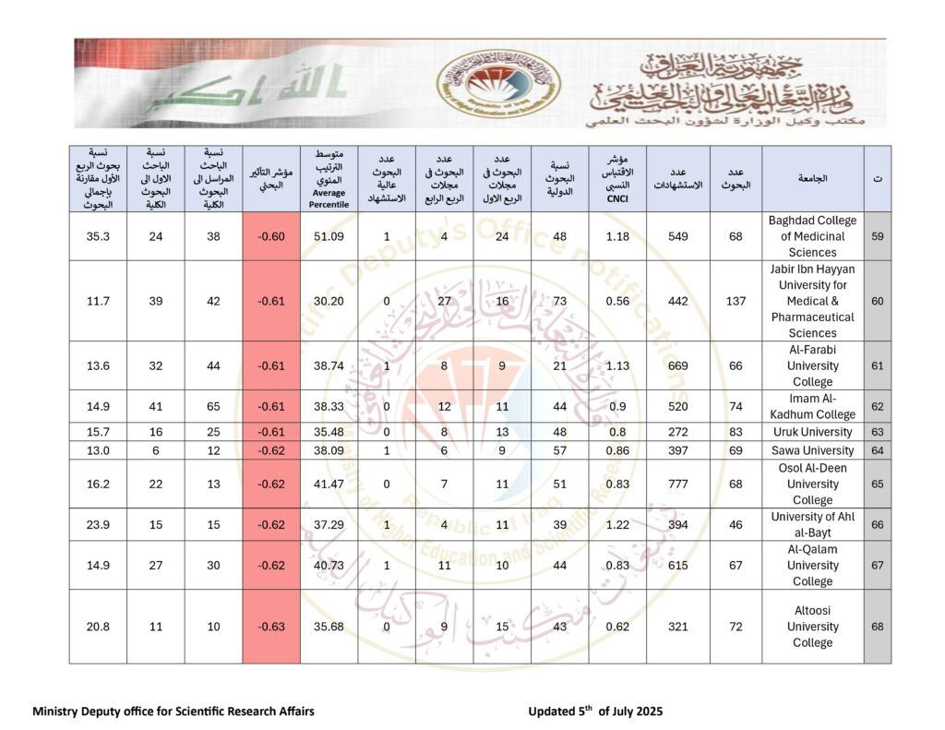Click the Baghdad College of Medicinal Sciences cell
812,236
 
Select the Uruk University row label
812,432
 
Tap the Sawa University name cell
812,450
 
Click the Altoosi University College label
812,627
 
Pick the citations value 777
677,485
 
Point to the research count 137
736,301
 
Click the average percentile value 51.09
329,236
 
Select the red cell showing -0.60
271,236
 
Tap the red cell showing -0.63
271,627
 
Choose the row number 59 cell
877,236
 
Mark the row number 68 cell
877,627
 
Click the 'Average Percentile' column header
329,179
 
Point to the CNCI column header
616,179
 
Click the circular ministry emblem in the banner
498,83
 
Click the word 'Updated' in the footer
552,712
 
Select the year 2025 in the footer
647,712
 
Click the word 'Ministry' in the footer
58,712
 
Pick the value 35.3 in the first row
98,236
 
